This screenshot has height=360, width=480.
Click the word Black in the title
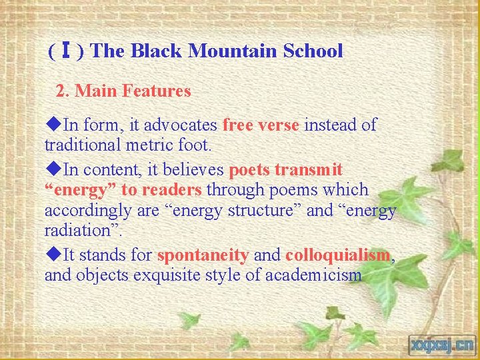click(x=159, y=51)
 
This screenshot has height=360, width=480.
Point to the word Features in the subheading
click(x=154, y=91)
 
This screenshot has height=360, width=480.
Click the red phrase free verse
click(x=261, y=125)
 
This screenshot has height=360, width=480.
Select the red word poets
click(x=249, y=171)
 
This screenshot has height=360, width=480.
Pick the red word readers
click(x=171, y=190)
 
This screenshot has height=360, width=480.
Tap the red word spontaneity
click(x=203, y=255)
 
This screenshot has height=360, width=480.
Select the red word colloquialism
click(x=337, y=255)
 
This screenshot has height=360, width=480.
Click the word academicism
click(x=314, y=275)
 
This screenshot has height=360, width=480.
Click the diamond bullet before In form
click(x=55, y=125)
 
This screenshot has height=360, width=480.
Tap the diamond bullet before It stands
click(x=55, y=255)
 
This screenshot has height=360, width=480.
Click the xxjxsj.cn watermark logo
click(x=441, y=345)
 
